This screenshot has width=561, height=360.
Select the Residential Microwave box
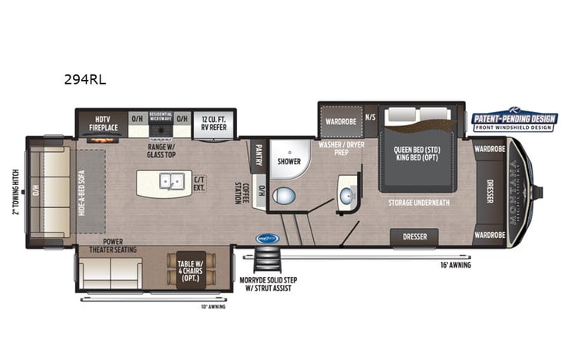click(x=160, y=118)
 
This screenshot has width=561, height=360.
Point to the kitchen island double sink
click(x=170, y=182)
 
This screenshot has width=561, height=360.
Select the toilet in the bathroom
click(x=284, y=196)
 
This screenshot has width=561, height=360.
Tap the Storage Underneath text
click(x=420, y=203)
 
